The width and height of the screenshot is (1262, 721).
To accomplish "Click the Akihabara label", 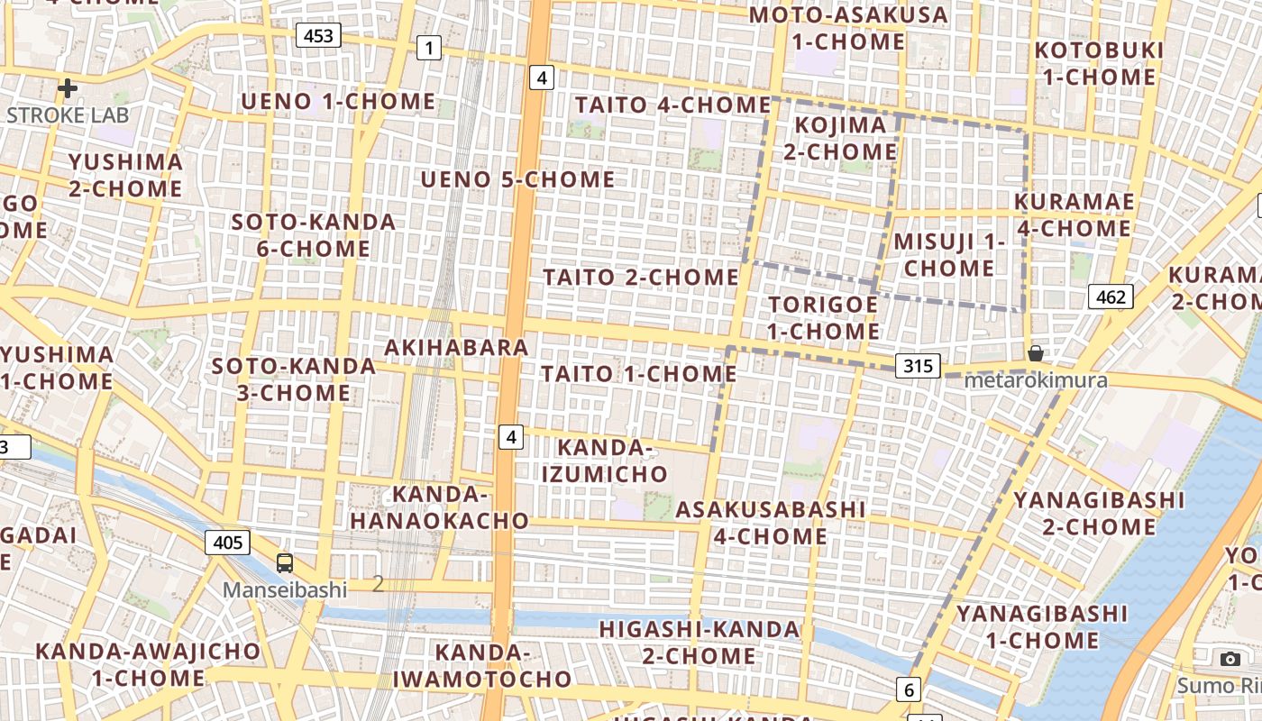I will [x=456, y=348].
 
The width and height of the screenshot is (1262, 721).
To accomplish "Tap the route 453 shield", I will [x=318, y=36].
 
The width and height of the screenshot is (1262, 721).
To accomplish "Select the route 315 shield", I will [x=918, y=366].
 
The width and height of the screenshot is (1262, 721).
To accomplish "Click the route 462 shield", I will [x=1110, y=297].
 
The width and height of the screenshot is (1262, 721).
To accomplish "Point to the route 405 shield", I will [x=228, y=542].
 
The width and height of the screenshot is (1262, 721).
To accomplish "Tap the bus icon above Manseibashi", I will [x=285, y=563].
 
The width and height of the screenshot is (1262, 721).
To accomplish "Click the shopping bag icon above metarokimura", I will [x=1036, y=353].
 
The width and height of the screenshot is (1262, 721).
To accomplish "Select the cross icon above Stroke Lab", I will [x=68, y=88].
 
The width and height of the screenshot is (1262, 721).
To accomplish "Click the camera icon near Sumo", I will [x=1230, y=659].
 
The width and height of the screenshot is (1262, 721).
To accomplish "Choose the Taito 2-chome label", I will [x=640, y=277].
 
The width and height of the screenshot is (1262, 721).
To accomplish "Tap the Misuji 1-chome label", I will [x=949, y=254].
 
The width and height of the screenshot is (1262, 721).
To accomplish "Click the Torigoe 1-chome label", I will [x=823, y=317].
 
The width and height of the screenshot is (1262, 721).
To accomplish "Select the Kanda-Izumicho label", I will [x=612, y=461].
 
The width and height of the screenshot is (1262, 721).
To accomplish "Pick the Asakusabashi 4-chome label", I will [x=770, y=523].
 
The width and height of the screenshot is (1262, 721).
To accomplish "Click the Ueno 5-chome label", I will [x=517, y=179].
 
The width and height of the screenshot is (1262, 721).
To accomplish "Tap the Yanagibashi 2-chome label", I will [x=1099, y=513].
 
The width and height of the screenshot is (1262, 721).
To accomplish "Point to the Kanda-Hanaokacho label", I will [x=439, y=507].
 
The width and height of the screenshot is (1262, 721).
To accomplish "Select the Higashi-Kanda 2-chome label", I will [x=700, y=642].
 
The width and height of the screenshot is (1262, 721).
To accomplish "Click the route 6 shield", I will [x=909, y=690].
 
